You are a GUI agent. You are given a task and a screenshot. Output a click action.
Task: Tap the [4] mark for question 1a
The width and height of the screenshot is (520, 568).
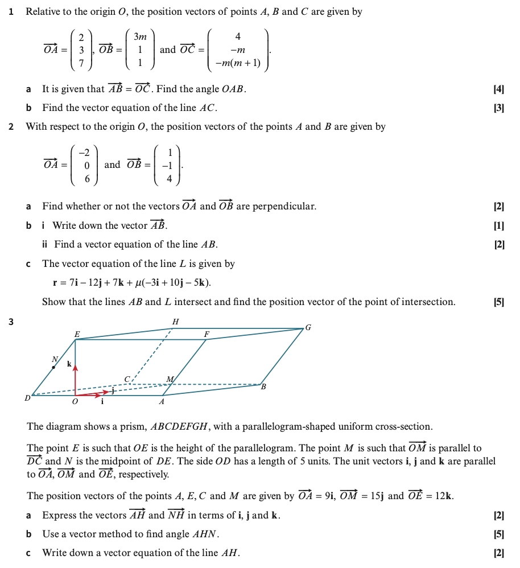[500, 89]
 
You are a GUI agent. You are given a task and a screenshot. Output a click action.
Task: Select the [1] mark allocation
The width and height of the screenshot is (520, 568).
[500, 226]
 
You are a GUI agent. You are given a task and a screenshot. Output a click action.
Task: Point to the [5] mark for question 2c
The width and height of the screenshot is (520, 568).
[500, 302]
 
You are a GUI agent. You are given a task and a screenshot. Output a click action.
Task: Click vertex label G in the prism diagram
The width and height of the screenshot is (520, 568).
[308, 327]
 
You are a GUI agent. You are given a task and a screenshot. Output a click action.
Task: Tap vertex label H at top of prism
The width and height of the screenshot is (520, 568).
[175, 322]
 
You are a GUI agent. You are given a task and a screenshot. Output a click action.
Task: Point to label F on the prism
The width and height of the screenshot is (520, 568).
[207, 334]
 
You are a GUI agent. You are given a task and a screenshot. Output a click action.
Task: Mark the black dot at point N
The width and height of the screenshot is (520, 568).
[53, 368]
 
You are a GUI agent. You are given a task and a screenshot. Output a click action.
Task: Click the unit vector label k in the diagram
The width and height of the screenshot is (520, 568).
[69, 364]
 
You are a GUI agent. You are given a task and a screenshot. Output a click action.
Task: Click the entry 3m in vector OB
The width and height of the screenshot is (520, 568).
[140, 37]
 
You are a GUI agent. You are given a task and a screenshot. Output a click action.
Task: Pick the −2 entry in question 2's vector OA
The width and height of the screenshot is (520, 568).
[84, 153]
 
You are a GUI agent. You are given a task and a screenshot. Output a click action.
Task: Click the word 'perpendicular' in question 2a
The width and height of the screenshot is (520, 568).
[287, 207]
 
